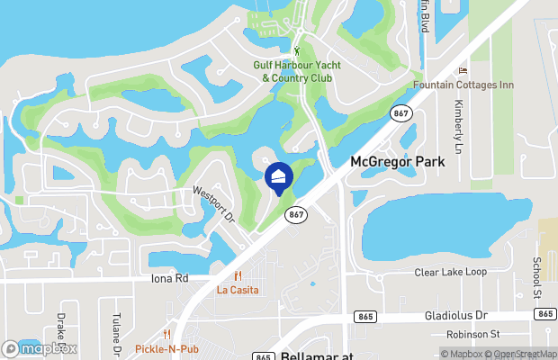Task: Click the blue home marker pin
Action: tap(278, 177)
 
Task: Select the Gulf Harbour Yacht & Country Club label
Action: tap(296, 71)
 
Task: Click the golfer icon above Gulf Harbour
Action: tap(298, 50)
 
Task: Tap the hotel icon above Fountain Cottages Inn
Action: tap(463, 71)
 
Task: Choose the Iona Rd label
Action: tap(169, 279)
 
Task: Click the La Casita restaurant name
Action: tap(238, 290)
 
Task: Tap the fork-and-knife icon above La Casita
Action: tap(238, 276)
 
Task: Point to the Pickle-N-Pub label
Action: tap(166, 348)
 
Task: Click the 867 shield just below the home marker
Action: tap(296, 214)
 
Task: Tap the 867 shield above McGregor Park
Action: tap(400, 112)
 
